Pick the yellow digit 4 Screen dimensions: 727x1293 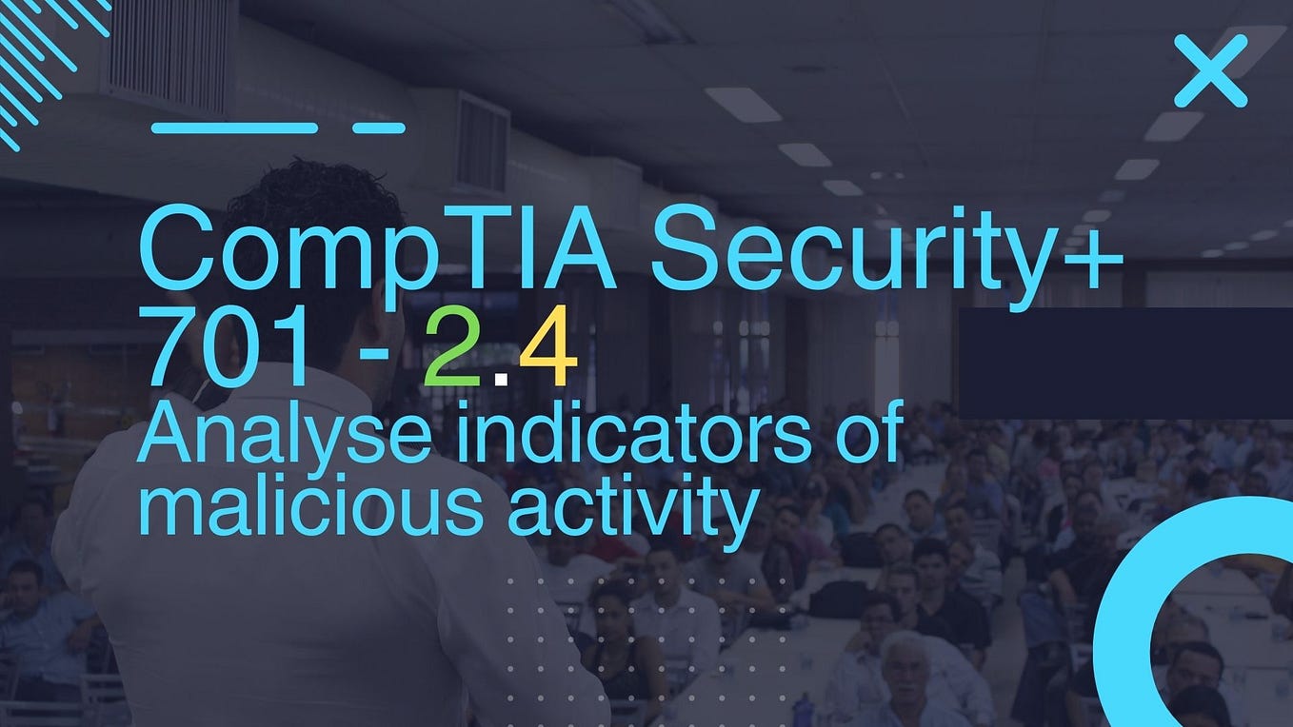(549, 354)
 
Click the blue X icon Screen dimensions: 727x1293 (1209, 70)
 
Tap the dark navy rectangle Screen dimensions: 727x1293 (1124, 363)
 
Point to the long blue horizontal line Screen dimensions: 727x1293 (234, 128)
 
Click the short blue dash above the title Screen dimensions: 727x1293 (379, 128)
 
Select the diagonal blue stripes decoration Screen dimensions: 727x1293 (43, 57)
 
